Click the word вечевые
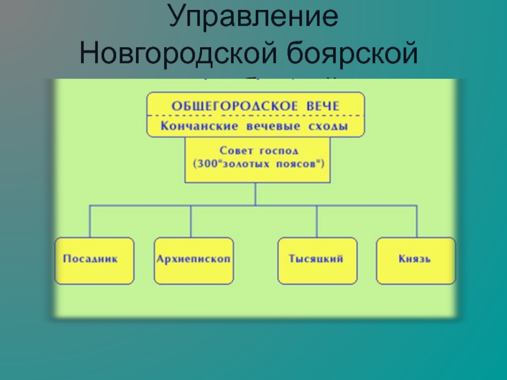pyautogui.click(x=264, y=126)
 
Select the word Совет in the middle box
pyautogui.click(x=234, y=151)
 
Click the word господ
pyautogui.click(x=280, y=151)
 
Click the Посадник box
pyautogui.click(x=94, y=260)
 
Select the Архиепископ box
pyautogui.click(x=194, y=260)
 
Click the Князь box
pyautogui.click(x=416, y=260)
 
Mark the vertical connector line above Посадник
pyautogui.click(x=90, y=221)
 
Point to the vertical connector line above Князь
pyautogui.click(x=416, y=221)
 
